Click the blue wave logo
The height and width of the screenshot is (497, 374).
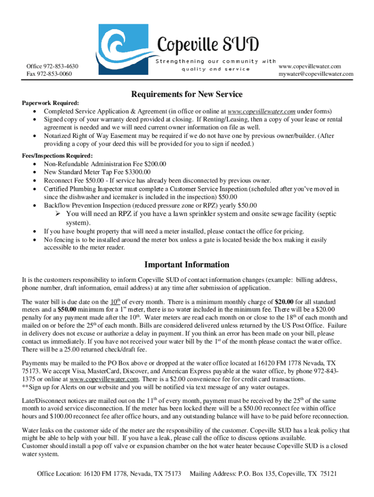(x=125, y=50)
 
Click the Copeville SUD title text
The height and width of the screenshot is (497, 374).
(x=207, y=46)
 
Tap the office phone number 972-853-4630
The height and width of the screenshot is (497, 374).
(x=61, y=66)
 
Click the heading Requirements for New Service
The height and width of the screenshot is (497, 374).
(x=187, y=94)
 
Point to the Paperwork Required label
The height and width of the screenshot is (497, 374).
(x=47, y=103)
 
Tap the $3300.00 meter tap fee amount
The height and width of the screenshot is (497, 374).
(x=138, y=172)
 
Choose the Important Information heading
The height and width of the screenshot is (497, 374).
(x=187, y=265)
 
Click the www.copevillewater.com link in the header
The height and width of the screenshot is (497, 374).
(x=316, y=66)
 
